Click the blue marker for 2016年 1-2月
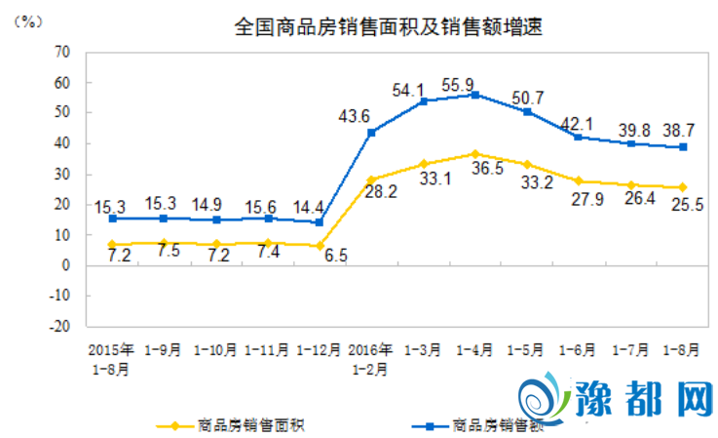point(371,133)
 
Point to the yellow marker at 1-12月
point(319,245)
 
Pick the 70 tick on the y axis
point(64,52)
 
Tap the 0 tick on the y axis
point(68,265)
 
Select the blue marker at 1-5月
point(527,111)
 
